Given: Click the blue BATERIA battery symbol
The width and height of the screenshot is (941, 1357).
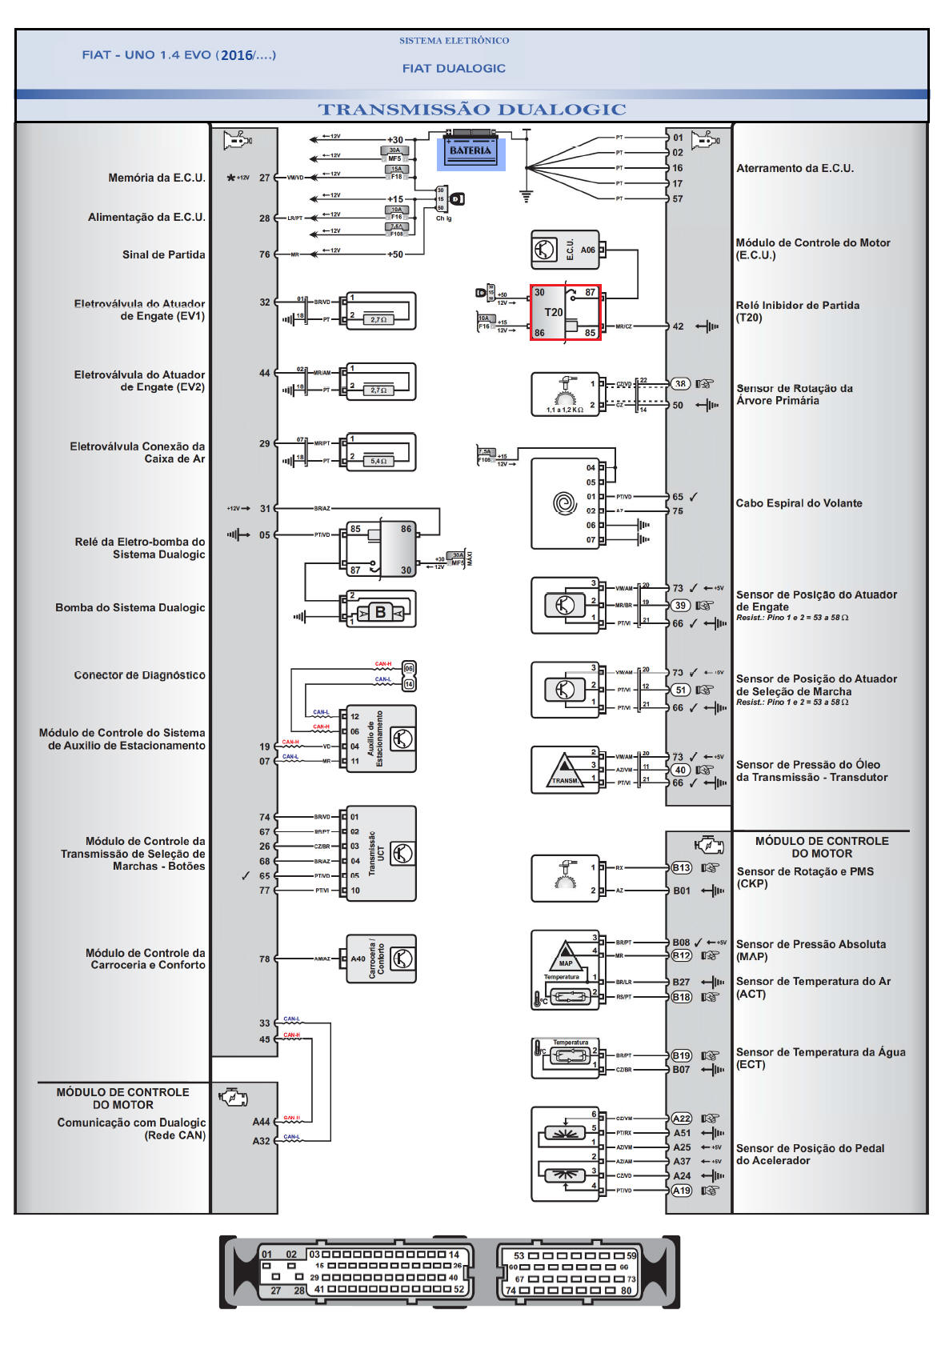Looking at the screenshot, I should coord(470,151).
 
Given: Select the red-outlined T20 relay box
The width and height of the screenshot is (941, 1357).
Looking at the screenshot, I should coord(566,312).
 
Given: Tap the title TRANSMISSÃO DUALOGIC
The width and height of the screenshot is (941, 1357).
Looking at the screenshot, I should coord(471,110).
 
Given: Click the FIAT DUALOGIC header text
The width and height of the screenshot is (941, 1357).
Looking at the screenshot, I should coord(454,69).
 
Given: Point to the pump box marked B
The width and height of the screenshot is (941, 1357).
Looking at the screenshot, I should coord(380,612).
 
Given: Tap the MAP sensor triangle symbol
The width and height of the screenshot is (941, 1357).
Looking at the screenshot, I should coord(565,955).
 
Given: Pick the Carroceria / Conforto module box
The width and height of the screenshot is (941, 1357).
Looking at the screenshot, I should coord(382,959).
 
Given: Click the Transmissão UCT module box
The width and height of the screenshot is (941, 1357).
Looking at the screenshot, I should coord(382,854).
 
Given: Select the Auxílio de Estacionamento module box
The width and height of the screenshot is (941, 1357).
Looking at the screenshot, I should coord(382,739).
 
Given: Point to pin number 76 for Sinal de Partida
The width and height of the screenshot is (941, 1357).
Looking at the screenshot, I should coord(264,254).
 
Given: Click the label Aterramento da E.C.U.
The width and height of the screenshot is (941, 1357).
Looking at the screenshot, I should coord(795,168).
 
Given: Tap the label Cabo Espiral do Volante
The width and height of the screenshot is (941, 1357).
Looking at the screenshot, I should coord(799,503).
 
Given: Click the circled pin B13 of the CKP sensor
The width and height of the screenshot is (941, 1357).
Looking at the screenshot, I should coord(681,867).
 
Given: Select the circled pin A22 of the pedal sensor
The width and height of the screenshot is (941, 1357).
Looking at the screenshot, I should coord(681,1119).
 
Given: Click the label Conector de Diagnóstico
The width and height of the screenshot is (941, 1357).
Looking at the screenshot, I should coord(139,675).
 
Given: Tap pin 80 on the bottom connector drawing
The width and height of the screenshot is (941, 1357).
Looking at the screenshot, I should coord(626,1290).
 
